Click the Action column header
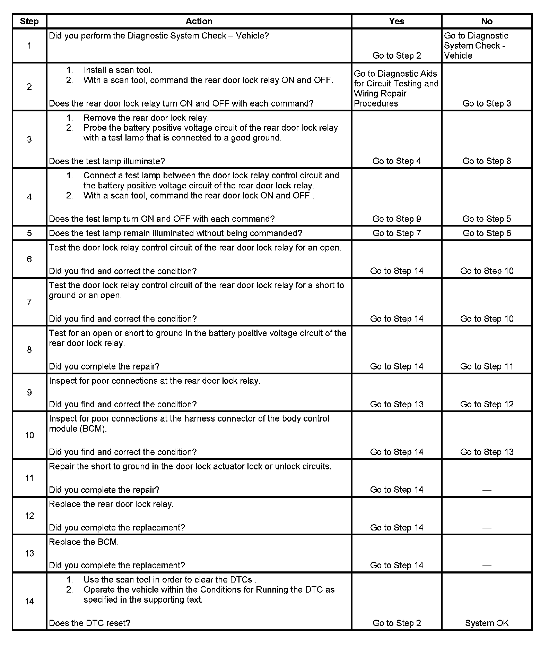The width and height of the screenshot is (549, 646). [199, 21]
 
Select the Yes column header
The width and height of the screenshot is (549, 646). [397, 21]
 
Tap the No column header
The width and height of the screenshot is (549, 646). [487, 21]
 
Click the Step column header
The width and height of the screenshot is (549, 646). [29, 21]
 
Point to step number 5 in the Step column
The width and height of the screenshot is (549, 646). [29, 233]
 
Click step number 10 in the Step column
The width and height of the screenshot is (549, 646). [29, 435]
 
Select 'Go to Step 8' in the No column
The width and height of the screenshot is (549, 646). [487, 161]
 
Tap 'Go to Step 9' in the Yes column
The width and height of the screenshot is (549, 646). [397, 219]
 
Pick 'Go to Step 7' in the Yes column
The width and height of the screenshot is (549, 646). [397, 233]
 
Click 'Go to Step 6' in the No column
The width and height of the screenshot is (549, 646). [487, 233]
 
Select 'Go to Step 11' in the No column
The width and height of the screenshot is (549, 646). [487, 366]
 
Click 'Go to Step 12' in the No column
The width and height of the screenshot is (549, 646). [487, 404]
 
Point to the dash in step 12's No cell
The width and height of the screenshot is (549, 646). [487, 528]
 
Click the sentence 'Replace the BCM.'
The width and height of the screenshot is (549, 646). [84, 542]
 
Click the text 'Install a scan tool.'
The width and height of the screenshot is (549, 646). [118, 70]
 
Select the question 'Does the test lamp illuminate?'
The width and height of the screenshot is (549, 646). [107, 161]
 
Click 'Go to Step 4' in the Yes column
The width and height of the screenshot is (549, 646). [397, 161]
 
